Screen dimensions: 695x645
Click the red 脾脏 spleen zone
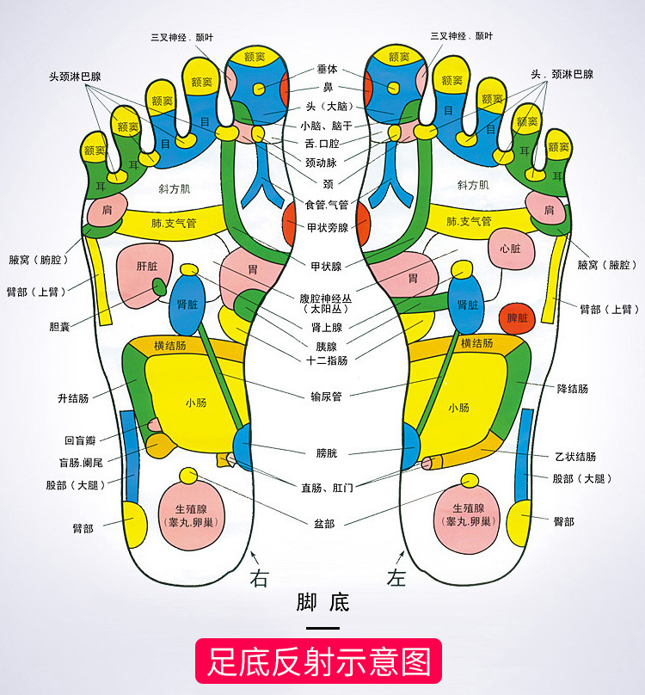pyautogui.click(x=517, y=317)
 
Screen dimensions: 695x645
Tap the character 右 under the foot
pyautogui.click(x=259, y=578)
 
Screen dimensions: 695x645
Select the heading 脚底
pyautogui.click(x=322, y=601)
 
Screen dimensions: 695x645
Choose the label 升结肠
pyautogui.click(x=73, y=398)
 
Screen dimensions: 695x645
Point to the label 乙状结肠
pyautogui.click(x=575, y=457)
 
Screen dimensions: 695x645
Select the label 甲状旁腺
pyautogui.click(x=327, y=228)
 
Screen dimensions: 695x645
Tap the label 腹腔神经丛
pyautogui.click(x=326, y=298)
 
